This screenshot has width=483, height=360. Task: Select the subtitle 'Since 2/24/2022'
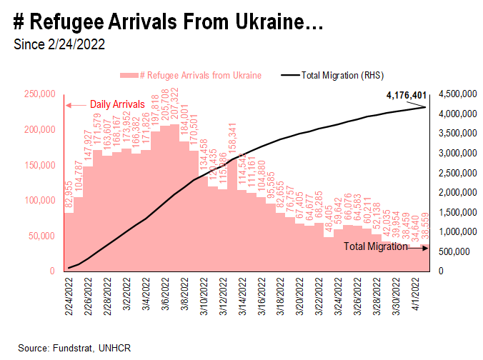(x=59, y=44)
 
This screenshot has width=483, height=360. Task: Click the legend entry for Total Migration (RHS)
(x=344, y=74)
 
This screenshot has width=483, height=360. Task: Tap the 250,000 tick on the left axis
(x=39, y=94)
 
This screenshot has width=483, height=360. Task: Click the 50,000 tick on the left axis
(x=42, y=236)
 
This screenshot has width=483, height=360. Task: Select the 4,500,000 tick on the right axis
(x=458, y=94)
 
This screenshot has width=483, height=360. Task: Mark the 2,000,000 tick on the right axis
(x=458, y=193)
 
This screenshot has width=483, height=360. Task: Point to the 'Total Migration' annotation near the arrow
(x=375, y=246)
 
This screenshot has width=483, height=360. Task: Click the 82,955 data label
(x=69, y=196)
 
